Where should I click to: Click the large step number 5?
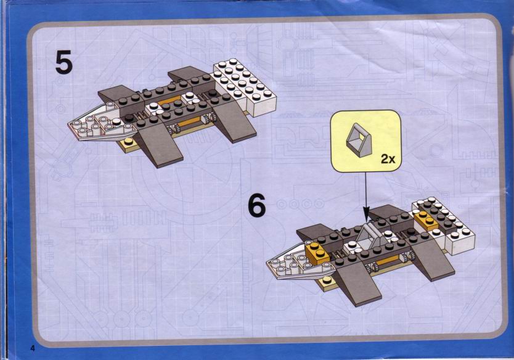63,62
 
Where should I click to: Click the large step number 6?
257,205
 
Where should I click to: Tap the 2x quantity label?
388,159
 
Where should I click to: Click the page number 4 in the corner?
33,348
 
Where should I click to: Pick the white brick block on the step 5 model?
244,87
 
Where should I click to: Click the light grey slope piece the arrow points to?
370,234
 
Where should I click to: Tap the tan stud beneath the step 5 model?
128,144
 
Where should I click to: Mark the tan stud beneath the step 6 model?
327,281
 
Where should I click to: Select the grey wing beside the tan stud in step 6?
357,282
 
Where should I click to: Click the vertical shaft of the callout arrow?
366,189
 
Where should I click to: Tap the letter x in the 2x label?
392,160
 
